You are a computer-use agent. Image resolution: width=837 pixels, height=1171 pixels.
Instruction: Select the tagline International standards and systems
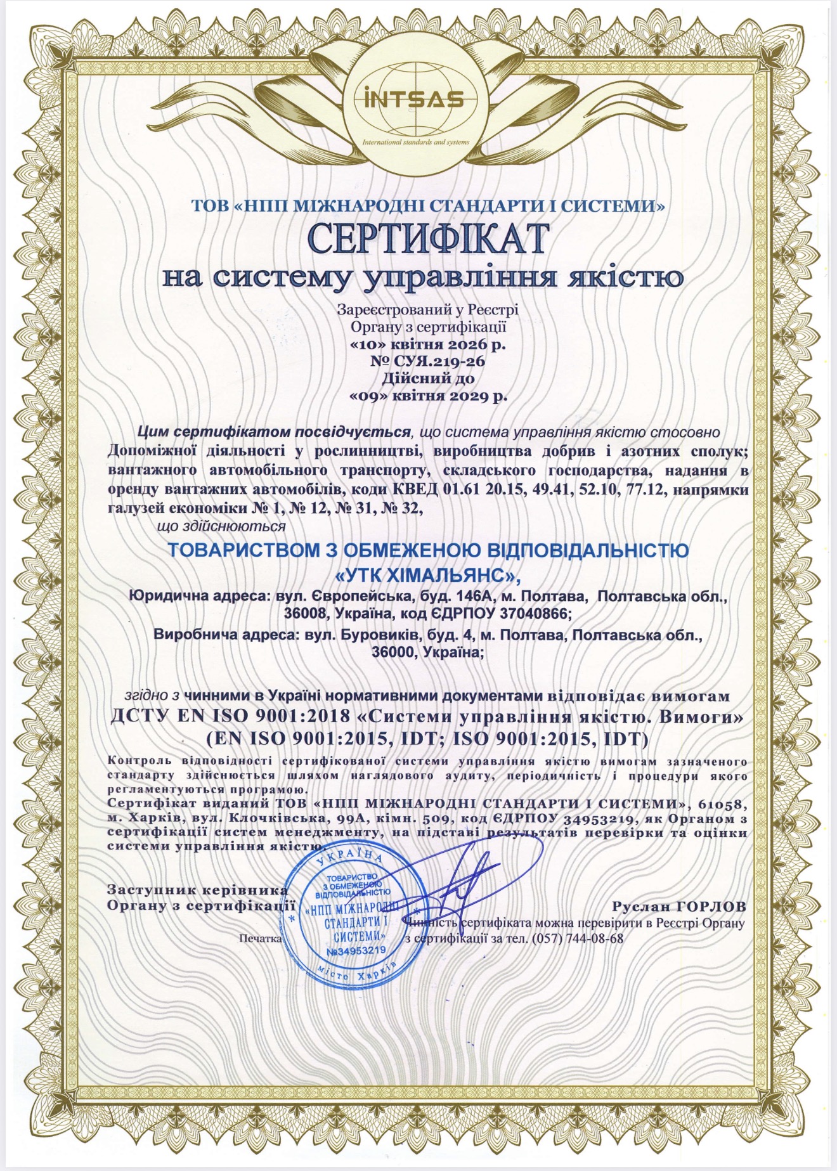click(x=415, y=142)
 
